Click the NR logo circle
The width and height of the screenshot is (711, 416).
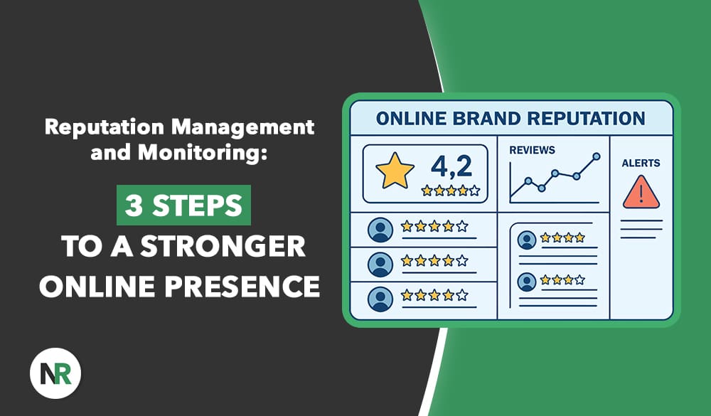click(x=55, y=373)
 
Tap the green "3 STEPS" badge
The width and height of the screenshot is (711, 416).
click(x=183, y=205)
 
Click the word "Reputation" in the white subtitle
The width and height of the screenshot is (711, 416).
click(x=104, y=127)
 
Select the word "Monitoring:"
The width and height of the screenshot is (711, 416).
click(x=202, y=152)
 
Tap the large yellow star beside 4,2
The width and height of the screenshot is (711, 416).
click(x=395, y=171)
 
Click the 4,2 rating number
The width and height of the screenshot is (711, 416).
click(x=451, y=166)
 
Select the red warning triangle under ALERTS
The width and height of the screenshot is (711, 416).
click(x=641, y=193)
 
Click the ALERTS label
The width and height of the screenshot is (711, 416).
click(x=641, y=164)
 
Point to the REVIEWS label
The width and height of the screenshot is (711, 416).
click(x=532, y=150)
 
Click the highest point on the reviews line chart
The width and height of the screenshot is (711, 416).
click(x=597, y=156)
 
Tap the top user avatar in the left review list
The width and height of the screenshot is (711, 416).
click(x=380, y=230)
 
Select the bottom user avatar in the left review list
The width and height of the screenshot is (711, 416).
click(x=380, y=299)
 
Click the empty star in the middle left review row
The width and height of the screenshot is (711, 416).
click(x=461, y=260)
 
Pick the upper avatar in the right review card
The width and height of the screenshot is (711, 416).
click(x=526, y=240)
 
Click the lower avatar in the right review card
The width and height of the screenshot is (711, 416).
click(x=526, y=282)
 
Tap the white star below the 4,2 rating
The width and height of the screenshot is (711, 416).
click(x=474, y=191)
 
